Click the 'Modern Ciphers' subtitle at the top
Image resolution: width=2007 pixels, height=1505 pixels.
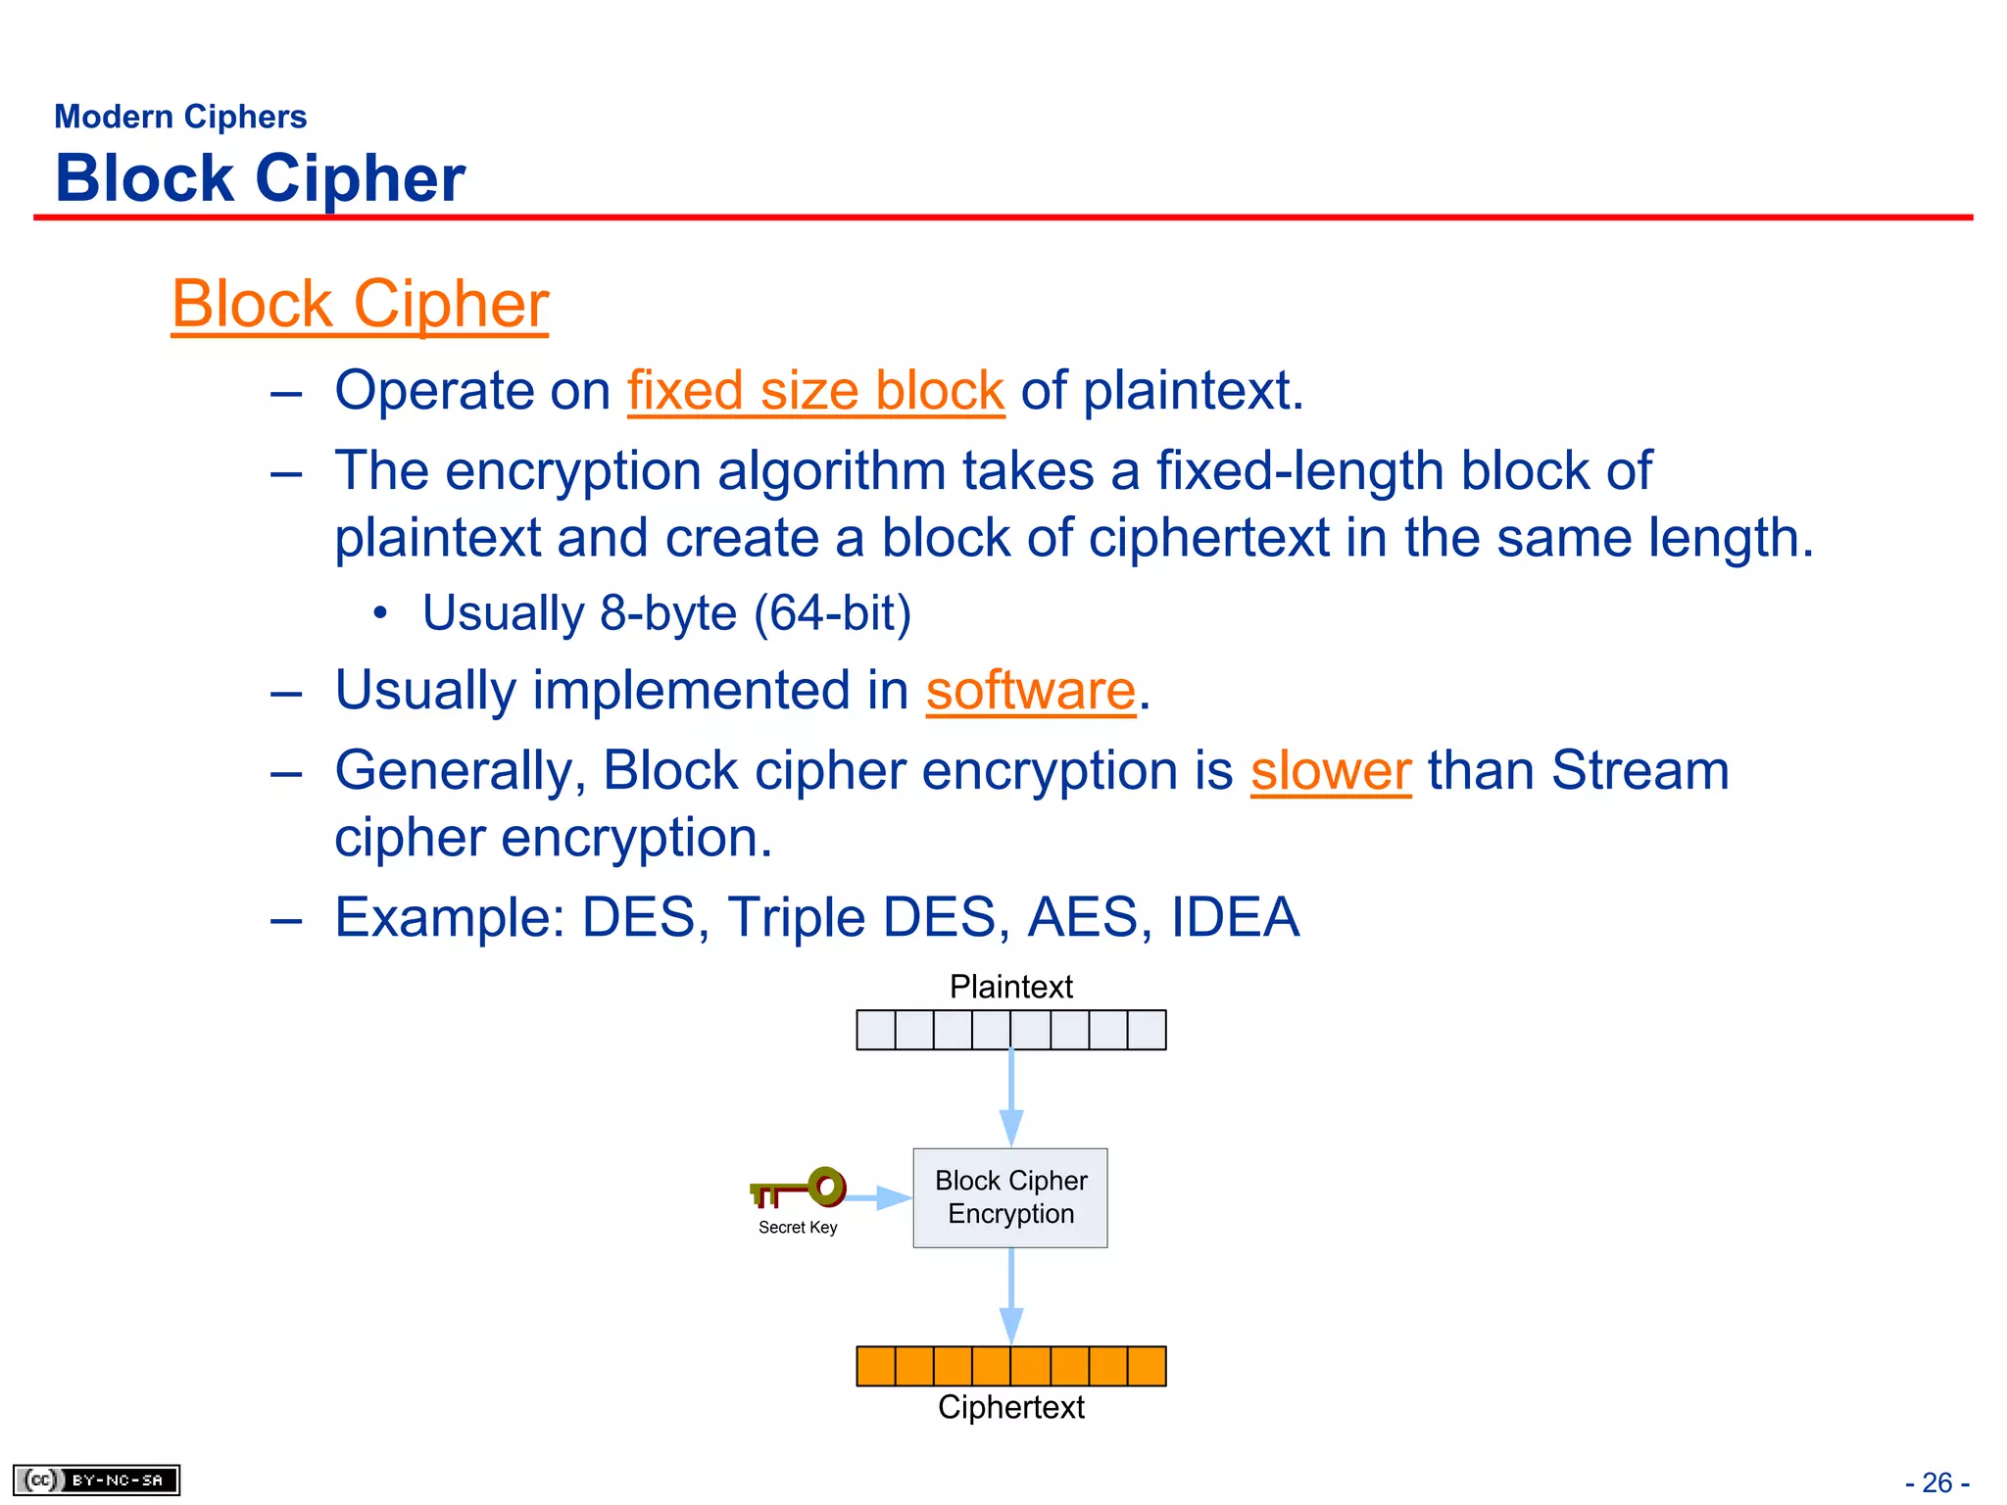[180, 117]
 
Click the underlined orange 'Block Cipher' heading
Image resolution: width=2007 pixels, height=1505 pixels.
[360, 304]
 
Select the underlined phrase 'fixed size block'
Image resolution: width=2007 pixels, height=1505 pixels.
[815, 390]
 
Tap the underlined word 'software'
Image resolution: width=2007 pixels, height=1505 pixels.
[1030, 690]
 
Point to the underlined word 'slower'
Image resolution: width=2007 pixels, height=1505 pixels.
[1330, 770]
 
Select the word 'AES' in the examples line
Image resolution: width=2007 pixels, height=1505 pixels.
[1082, 917]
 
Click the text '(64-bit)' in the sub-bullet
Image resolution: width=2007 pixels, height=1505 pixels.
[832, 613]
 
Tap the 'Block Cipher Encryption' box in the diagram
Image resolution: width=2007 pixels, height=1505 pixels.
[1010, 1197]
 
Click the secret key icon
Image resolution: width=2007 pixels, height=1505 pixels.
[800, 1189]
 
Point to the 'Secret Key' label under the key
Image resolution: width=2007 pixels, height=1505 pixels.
[798, 1228]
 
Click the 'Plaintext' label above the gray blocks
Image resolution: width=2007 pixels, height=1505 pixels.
[1010, 987]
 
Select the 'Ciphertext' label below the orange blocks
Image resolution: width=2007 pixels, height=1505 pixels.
[1010, 1407]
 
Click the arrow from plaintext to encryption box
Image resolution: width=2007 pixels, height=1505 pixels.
[1011, 1097]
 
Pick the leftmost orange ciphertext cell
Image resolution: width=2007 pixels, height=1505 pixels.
[876, 1366]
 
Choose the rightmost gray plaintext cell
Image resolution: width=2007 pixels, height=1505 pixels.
[1147, 1030]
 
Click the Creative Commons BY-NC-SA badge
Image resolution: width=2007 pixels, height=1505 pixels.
[96, 1480]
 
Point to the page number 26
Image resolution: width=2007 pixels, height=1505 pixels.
[1936, 1482]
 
